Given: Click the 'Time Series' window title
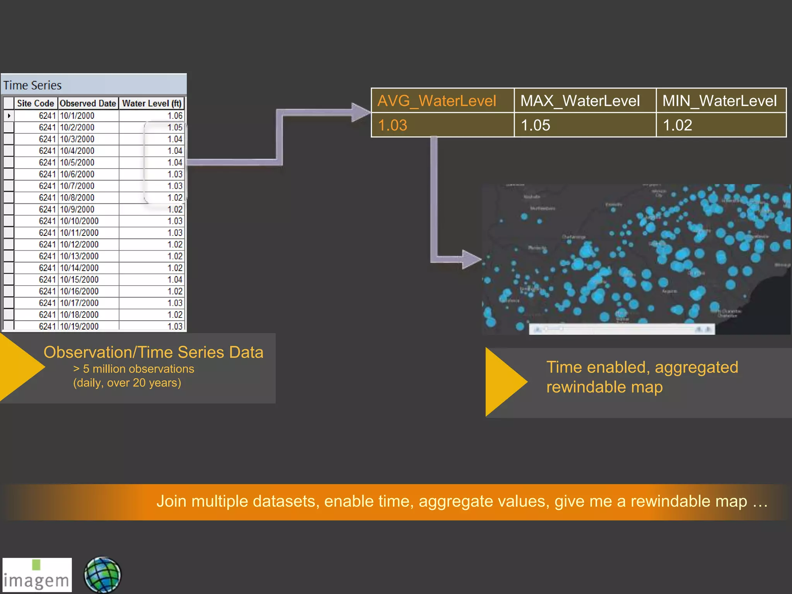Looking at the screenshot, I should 32,85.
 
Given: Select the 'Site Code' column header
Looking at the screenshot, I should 36,103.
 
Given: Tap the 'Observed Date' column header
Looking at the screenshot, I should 88,103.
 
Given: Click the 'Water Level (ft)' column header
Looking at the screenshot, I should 152,103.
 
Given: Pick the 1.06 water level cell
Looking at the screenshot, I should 175,116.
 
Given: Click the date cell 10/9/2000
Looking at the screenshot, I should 77,209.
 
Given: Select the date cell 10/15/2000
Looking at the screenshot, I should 79,280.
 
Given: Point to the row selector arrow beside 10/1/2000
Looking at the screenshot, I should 9,116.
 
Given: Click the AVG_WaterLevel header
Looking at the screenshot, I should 437,101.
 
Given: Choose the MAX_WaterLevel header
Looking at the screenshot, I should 580,101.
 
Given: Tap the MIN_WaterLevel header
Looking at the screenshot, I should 719,101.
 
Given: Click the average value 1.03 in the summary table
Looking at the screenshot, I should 393,125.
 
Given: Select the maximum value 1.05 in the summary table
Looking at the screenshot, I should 535,125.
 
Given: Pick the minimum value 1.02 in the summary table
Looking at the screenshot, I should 678,125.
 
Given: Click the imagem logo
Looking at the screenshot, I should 37,575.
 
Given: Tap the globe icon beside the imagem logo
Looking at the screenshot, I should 102,575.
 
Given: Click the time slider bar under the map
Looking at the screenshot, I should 622,329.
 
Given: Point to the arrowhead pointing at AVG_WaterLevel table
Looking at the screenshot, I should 360,113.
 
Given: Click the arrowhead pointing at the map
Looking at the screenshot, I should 471,259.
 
